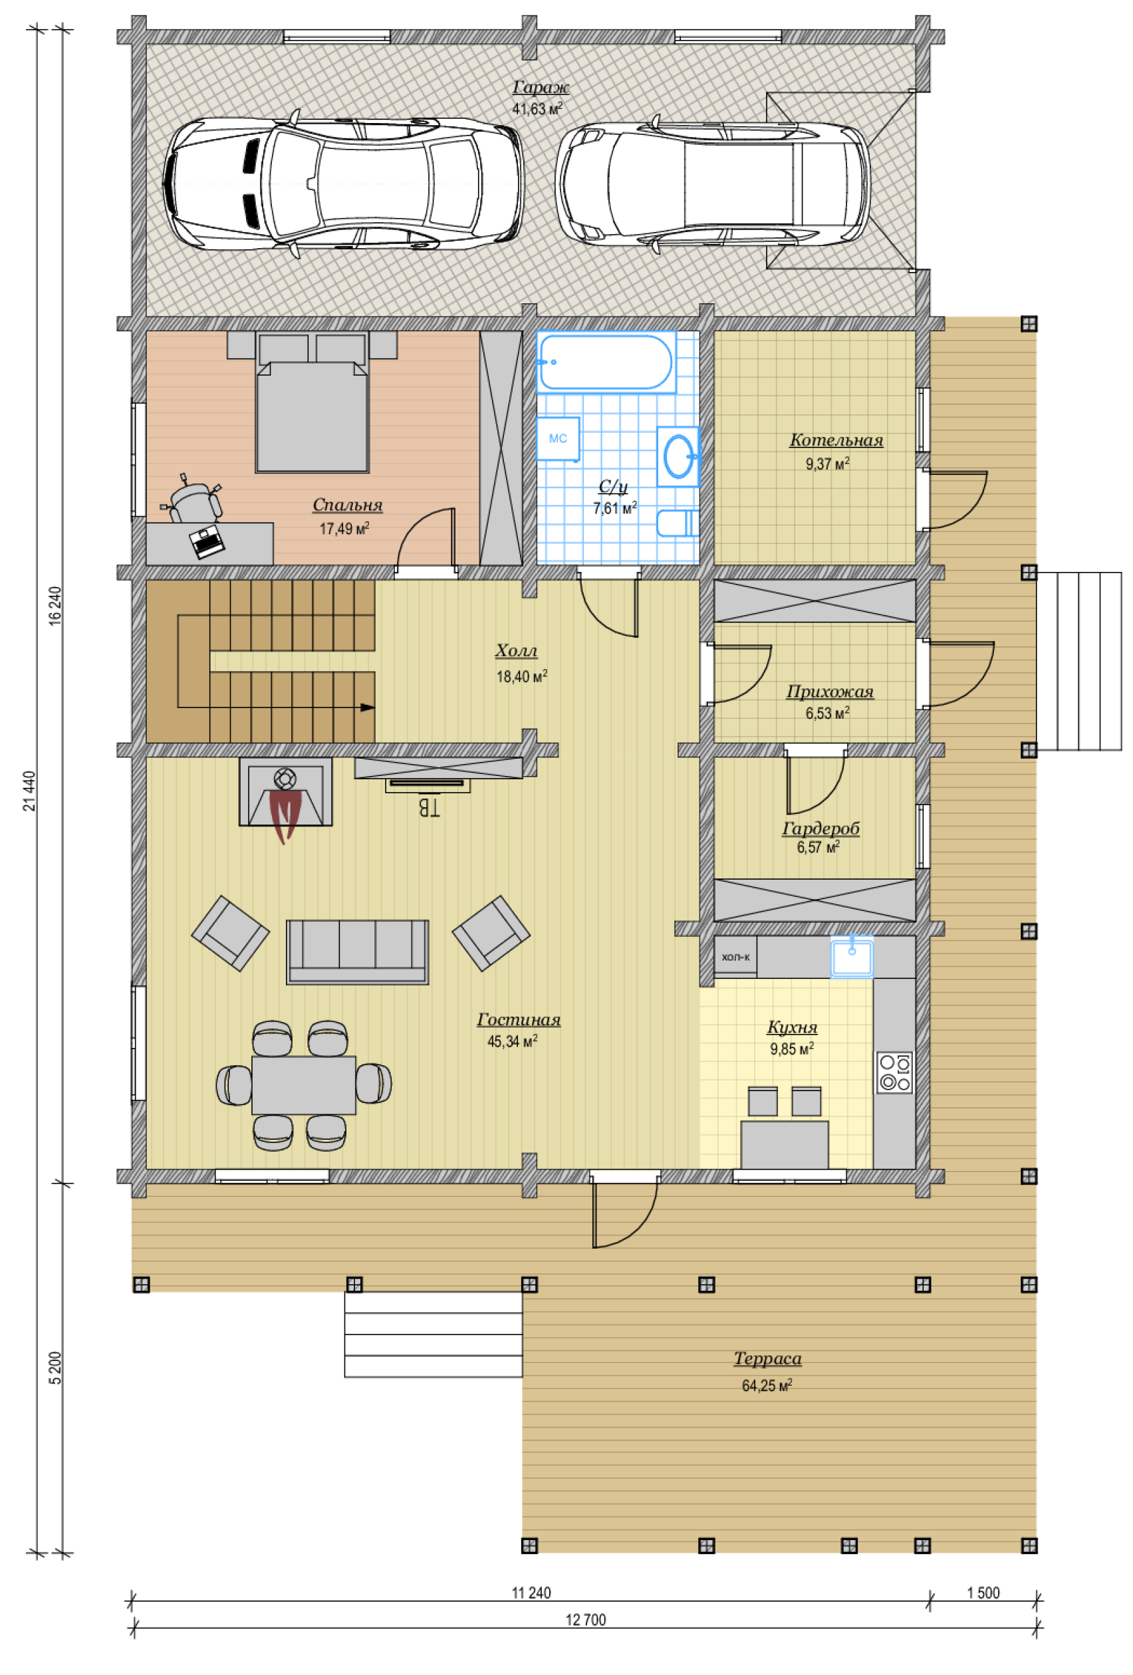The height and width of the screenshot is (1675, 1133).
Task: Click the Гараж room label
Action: coord(541,87)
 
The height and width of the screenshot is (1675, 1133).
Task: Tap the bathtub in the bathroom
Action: coord(606,362)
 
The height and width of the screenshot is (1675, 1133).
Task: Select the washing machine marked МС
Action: coord(558,438)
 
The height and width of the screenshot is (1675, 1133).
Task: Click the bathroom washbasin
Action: coord(678,456)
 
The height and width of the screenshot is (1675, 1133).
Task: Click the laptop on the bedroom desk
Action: coord(207,542)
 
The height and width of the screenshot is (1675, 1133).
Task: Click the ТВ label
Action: coord(428,807)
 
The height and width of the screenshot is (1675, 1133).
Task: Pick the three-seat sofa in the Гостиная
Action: coord(358,952)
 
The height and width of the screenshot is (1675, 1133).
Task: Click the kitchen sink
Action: coord(851,957)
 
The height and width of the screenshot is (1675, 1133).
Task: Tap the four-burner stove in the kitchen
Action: coord(894,1073)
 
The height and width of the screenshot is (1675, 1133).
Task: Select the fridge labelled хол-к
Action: coord(735,956)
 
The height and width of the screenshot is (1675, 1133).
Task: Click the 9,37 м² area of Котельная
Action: coord(827,463)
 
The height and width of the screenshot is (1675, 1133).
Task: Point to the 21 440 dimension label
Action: coord(29,791)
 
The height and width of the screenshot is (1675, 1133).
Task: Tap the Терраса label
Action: coord(767,1358)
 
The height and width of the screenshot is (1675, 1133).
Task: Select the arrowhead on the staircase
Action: coord(368,707)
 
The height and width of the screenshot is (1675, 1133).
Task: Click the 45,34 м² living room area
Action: coord(513,1041)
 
